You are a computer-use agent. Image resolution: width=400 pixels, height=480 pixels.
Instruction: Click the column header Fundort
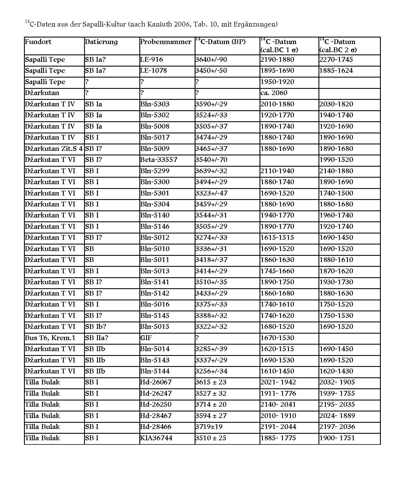pos(38,42)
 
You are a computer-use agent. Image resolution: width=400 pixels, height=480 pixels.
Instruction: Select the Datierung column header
pos(101,42)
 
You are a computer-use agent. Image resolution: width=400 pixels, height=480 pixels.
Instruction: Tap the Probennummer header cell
pos(166,42)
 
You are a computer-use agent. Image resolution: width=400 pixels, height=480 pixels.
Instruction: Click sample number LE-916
pos(151,60)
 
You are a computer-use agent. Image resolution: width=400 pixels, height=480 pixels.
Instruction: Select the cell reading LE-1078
pos(153,71)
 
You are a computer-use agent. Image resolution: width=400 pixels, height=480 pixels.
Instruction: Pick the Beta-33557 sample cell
pos(159,160)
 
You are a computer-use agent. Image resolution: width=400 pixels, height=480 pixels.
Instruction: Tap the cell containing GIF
pos(146,338)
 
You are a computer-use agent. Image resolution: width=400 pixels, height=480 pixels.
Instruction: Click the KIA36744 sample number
pos(156,438)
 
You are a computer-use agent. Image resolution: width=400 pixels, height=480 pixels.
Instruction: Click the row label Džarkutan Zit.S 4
pos(54,149)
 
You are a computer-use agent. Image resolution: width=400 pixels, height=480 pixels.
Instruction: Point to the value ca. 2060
pos(274,93)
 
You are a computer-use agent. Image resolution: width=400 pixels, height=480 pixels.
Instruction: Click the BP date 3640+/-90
pos(211,60)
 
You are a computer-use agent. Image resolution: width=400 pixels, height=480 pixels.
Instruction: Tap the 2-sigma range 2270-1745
pos(336,60)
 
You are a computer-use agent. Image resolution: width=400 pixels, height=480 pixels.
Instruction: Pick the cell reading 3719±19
pos(209,427)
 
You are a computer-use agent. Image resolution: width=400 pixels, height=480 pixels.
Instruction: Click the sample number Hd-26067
pos(155,382)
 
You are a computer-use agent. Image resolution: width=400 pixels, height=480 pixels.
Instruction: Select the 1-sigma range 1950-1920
pos(277,82)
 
